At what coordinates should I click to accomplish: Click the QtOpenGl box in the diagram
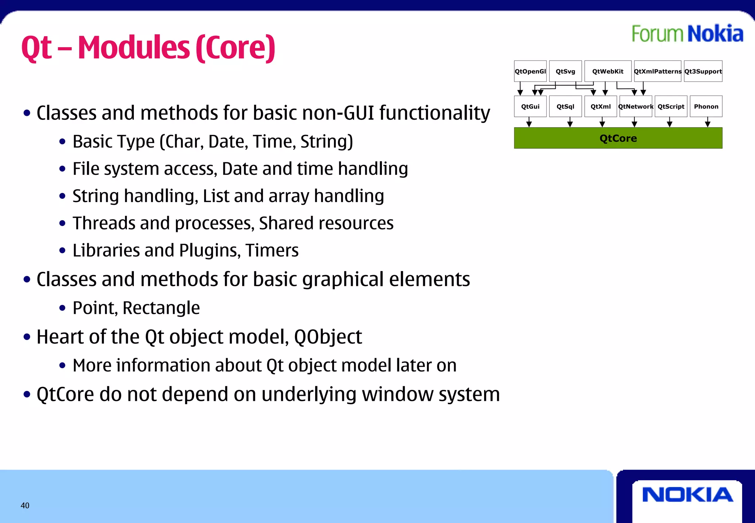(x=530, y=71)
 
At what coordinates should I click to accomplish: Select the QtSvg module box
(x=565, y=71)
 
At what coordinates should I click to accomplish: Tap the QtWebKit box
(x=608, y=71)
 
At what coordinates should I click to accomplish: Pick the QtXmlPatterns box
(x=657, y=71)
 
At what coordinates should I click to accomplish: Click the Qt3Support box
(x=703, y=71)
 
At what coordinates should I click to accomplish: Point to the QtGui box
(x=530, y=106)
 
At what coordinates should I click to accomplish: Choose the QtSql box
(x=565, y=106)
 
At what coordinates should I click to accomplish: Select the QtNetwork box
(x=636, y=106)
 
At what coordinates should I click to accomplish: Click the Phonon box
(x=706, y=106)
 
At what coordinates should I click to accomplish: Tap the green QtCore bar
(x=618, y=138)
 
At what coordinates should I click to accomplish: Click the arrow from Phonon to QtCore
(x=707, y=122)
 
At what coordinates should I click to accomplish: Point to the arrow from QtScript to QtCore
(x=669, y=122)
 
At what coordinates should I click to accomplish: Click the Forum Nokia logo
(x=687, y=34)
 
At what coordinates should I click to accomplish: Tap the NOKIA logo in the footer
(x=687, y=495)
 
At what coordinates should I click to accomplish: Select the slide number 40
(x=25, y=506)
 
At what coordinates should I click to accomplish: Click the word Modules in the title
(x=133, y=48)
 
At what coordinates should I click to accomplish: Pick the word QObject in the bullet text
(x=328, y=337)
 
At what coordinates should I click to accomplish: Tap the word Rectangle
(x=161, y=308)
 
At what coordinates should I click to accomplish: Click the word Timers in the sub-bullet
(x=272, y=250)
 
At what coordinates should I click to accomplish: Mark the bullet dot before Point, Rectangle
(x=62, y=308)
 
